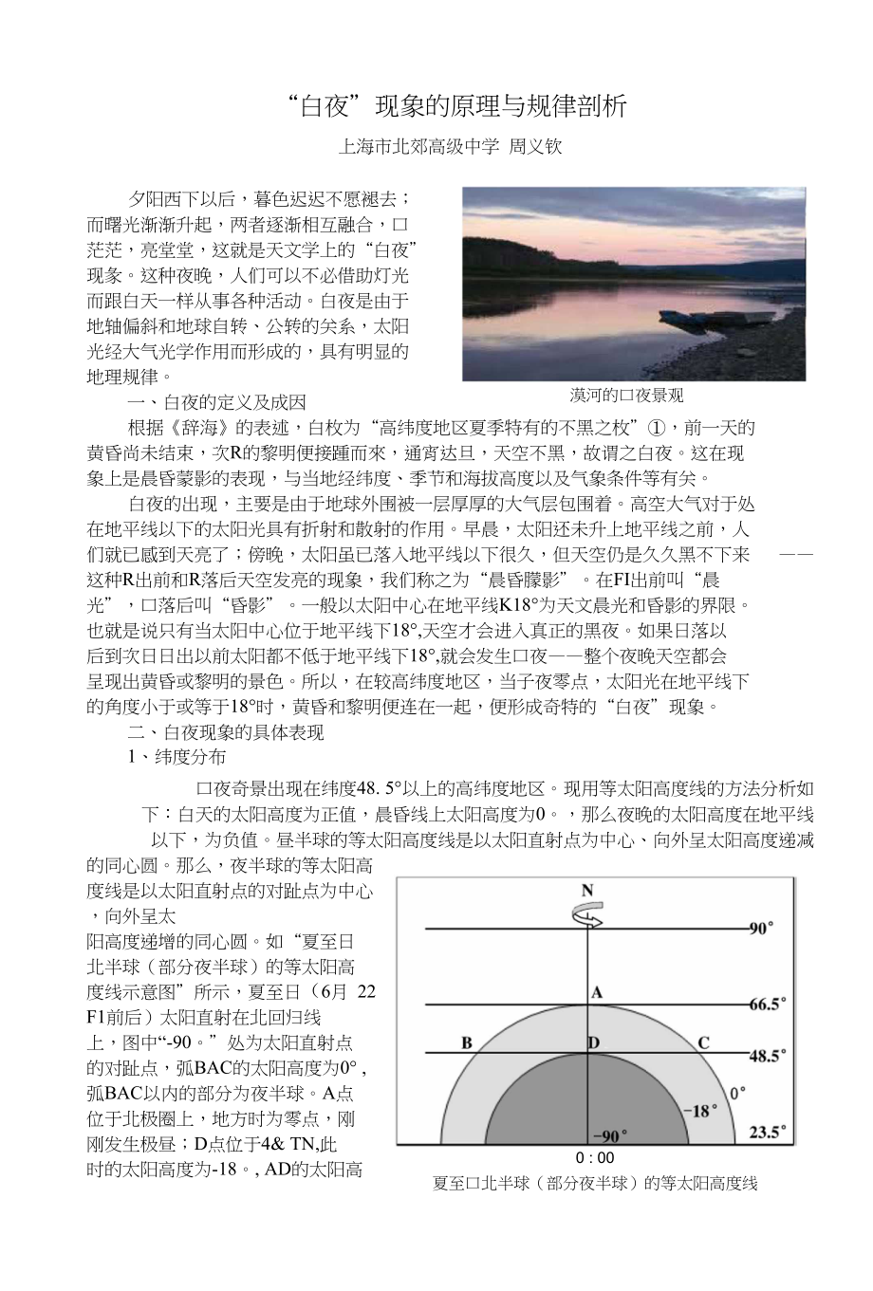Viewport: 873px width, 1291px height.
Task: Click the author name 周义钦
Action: click(536, 148)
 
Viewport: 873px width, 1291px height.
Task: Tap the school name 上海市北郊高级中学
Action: click(418, 148)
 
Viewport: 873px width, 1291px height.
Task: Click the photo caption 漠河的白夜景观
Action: click(626, 396)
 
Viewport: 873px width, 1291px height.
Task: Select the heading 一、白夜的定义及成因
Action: click(217, 402)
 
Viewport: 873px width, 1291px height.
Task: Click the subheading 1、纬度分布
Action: click(177, 757)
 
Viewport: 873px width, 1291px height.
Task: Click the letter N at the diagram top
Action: click(587, 891)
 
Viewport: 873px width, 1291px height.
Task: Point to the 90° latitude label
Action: click(761, 929)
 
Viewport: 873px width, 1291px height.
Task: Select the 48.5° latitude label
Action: click(768, 1055)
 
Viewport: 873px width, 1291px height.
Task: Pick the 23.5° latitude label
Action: click(768, 1132)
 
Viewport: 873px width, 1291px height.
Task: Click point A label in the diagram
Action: click(597, 993)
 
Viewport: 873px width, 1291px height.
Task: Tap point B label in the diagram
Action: click(467, 1043)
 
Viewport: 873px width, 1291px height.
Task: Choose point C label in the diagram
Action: click(703, 1043)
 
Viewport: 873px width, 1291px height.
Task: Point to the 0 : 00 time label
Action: click(595, 1157)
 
